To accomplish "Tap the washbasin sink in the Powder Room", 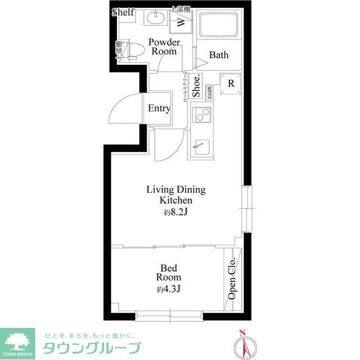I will pyautogui.click(x=154, y=18).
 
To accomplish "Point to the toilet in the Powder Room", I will pyautogui.click(x=134, y=51).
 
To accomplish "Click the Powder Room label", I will pyautogui.click(x=164, y=47).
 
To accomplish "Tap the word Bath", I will pyautogui.click(x=218, y=55).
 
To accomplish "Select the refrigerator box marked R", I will pyautogui.click(x=231, y=84).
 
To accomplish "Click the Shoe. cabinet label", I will pyautogui.click(x=196, y=87).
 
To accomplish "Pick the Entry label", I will pyautogui.click(x=159, y=108).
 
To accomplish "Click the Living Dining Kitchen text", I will pyautogui.click(x=175, y=195).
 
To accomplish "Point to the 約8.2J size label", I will pyautogui.click(x=175, y=213).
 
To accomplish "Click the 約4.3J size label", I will pyautogui.click(x=168, y=290).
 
